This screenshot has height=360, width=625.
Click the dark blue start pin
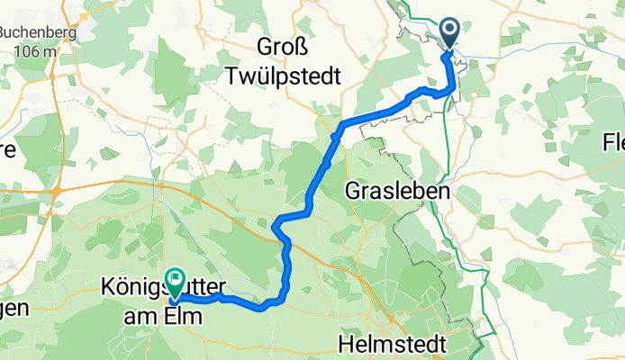[449, 34]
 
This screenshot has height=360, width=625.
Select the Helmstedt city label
[390, 343]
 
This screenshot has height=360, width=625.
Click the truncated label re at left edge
[7, 149]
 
